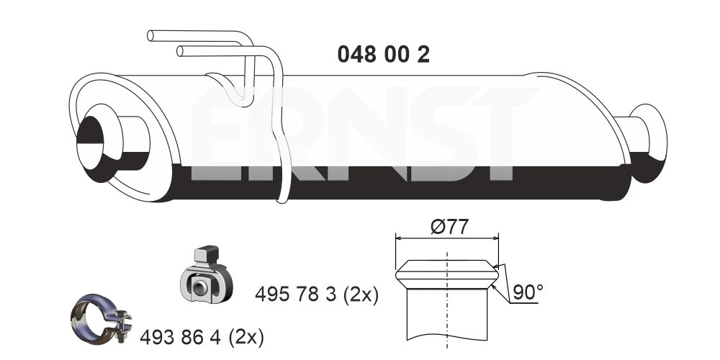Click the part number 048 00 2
(x=383, y=54)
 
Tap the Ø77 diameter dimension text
(x=449, y=227)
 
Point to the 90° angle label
(x=528, y=292)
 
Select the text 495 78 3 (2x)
(x=317, y=294)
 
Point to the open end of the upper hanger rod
(x=150, y=35)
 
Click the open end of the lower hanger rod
(x=180, y=50)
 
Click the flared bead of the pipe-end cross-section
(x=447, y=274)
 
